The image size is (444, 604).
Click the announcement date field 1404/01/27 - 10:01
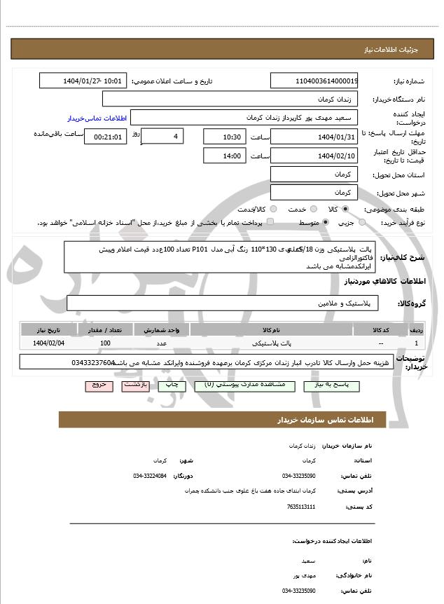coord(83,81)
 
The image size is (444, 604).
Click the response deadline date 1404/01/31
coord(314,137)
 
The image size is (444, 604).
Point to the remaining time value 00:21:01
coord(105,137)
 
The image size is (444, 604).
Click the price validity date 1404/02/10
coord(314,156)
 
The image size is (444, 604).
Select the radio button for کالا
coord(345,209)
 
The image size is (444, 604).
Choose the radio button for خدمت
coord(312,209)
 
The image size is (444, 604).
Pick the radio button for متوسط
coord(326,223)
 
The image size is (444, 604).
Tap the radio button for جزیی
coord(362,223)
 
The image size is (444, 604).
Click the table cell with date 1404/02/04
coord(48,343)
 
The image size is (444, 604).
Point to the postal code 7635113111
coord(301,507)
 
